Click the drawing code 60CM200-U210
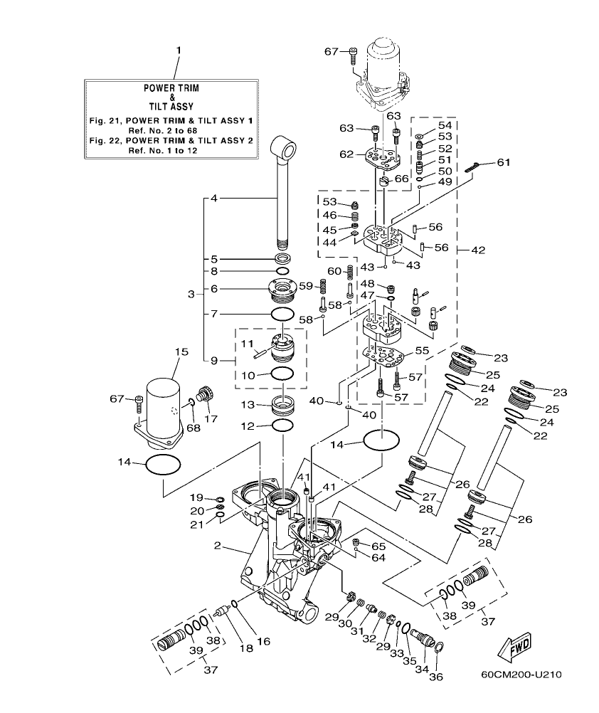point(520,673)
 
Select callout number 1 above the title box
point(179,51)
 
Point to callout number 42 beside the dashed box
point(478,250)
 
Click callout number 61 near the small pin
point(503,164)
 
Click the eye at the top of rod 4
point(289,150)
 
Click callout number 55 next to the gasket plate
point(423,350)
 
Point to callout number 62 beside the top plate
point(346,153)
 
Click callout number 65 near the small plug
point(378,545)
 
